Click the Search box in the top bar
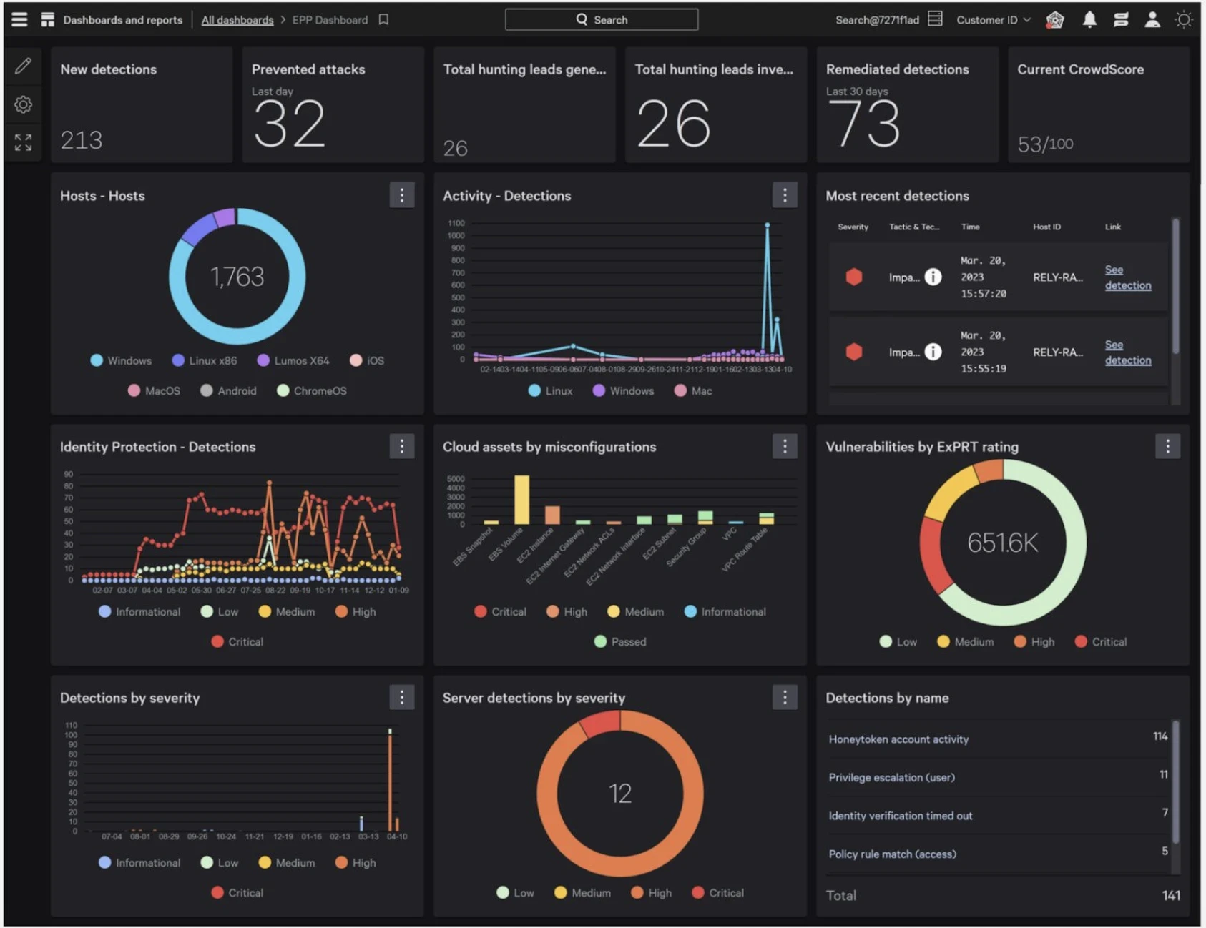601,20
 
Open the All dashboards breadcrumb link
237,20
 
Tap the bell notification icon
1089,20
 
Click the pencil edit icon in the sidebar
23,66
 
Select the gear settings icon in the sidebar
23,104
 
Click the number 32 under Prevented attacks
289,124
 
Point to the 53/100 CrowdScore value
1044,144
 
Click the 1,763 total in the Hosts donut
237,277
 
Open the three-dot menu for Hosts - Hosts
401,195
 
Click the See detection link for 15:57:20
1127,277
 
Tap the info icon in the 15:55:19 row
933,352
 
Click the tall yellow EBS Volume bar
522,499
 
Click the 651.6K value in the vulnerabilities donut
1002,543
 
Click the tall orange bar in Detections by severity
390,779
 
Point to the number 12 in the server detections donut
619,794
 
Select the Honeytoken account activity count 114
1160,736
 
